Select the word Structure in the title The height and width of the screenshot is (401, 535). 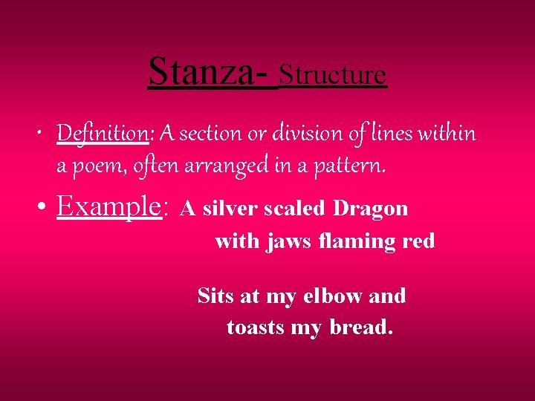coord(333,74)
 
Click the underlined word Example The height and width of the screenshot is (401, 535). coord(108,206)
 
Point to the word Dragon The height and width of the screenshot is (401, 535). coord(371,209)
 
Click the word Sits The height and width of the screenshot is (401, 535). coord(215,296)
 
